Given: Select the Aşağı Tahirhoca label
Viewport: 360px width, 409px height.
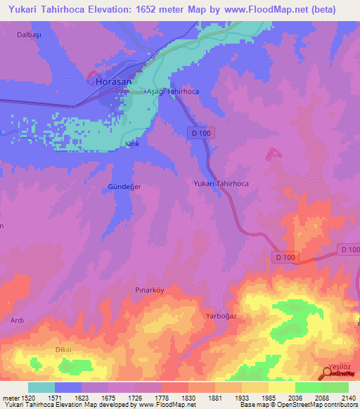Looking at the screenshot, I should (x=172, y=92).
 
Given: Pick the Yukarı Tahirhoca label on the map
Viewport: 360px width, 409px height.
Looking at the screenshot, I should (x=221, y=183).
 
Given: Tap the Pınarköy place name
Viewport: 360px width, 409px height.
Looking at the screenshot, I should (x=149, y=290).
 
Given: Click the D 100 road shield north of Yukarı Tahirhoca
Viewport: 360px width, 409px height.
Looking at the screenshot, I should (x=201, y=133).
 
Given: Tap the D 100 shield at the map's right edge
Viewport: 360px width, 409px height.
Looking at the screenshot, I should (x=349, y=249).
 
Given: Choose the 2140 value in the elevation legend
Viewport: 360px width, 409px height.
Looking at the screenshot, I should (x=349, y=398).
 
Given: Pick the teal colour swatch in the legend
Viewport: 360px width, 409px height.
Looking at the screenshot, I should (x=41, y=387).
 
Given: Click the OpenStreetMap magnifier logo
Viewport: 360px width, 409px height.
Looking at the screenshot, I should (x=328, y=372).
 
